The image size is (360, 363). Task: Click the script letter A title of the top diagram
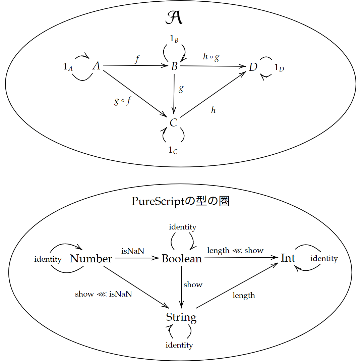tap(174, 18)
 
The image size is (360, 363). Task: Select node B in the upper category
tap(174, 66)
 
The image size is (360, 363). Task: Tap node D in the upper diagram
tap(253, 67)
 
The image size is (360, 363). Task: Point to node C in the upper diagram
tap(173, 123)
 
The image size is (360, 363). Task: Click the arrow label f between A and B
tap(137, 59)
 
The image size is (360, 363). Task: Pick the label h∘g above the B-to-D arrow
tap(211, 57)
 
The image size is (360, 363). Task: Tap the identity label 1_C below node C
tap(173, 150)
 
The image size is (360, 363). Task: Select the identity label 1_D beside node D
tap(279, 68)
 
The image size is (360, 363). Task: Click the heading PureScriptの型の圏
tap(180, 201)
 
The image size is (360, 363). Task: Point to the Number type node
tap(91, 259)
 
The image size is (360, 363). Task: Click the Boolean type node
tap(182, 259)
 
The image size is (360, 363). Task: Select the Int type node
tap(288, 258)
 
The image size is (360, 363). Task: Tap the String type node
tap(181, 317)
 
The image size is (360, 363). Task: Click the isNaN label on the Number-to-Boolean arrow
tap(133, 251)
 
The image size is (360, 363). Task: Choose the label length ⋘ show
tap(235, 251)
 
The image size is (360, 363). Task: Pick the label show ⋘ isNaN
tap(103, 294)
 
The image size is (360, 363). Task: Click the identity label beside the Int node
tap(324, 259)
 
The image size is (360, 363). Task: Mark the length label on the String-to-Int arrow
tap(244, 296)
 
